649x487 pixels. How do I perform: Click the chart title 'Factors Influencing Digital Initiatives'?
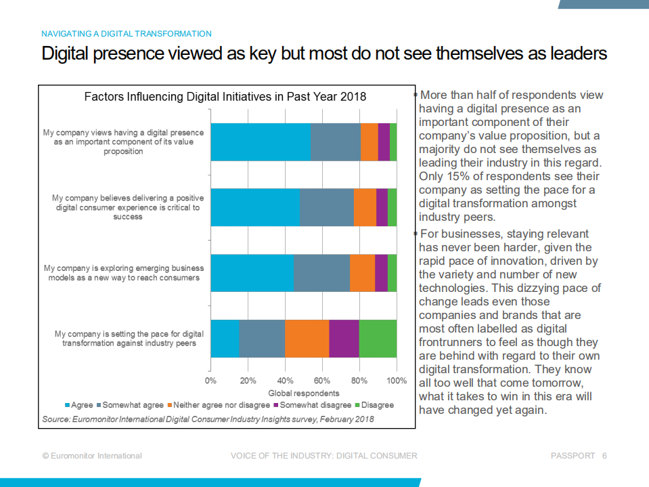pos(225,97)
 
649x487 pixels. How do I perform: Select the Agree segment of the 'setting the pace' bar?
pos(225,338)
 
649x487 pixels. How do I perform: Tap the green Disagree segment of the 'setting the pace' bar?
pos(378,338)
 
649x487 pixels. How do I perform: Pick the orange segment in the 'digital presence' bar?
pos(369,142)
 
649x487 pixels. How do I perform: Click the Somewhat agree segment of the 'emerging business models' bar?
pos(321,273)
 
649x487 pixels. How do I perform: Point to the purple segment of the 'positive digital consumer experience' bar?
pos(382,207)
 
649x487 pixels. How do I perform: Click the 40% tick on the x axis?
pos(285,380)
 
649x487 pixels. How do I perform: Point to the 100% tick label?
pos(397,380)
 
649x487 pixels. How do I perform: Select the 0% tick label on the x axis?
pos(210,380)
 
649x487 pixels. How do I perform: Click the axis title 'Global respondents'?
pos(304,393)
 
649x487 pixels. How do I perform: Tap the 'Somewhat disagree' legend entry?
pos(315,405)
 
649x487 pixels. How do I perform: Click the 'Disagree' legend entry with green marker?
pos(377,405)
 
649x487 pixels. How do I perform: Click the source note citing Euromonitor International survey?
pos(208,419)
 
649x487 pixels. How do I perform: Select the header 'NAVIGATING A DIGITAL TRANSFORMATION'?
pos(127,33)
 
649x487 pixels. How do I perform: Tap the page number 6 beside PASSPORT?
pos(604,456)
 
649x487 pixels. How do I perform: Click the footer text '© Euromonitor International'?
pos(92,456)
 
